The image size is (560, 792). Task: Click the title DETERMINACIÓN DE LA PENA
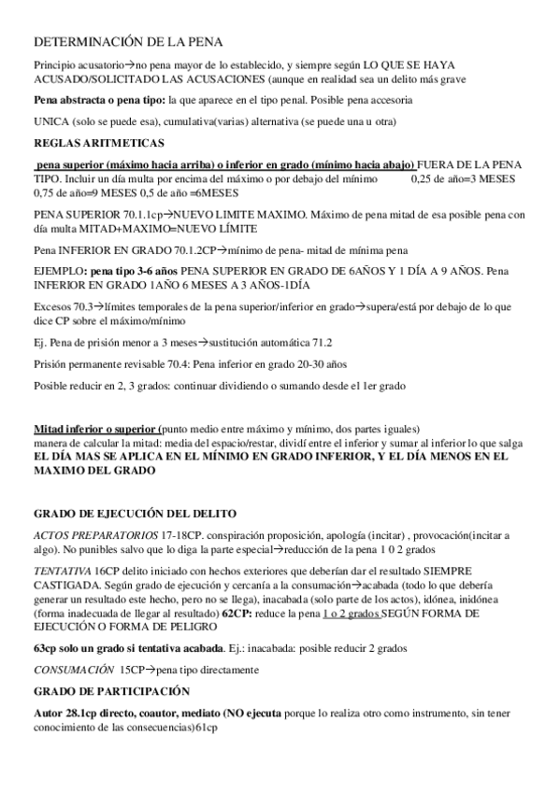(x=128, y=44)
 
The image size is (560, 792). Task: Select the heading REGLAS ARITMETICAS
(x=86, y=144)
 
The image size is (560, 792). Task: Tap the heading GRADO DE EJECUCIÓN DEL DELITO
(x=136, y=514)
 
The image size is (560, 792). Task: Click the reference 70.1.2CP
(x=219, y=251)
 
